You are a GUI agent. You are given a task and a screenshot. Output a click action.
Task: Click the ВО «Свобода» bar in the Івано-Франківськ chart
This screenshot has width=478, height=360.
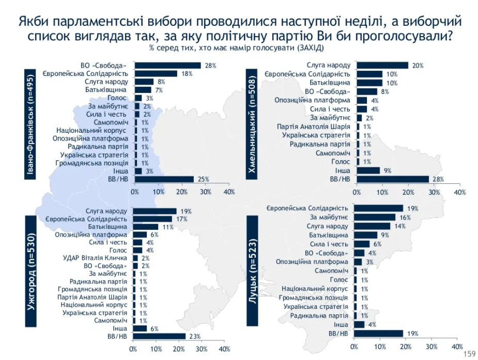167,66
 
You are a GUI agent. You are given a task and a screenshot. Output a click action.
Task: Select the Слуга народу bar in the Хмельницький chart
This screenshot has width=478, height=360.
382,65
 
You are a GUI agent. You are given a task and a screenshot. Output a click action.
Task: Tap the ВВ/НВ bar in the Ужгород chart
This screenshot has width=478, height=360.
159,336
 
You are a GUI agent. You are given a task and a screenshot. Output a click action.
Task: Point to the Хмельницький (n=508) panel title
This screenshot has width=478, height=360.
254,122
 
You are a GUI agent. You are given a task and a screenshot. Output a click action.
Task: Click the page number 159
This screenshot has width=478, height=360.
470,354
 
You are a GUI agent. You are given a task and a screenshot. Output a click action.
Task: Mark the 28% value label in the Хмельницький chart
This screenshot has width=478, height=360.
438,179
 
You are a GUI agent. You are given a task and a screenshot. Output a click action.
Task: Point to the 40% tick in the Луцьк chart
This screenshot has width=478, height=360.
457,346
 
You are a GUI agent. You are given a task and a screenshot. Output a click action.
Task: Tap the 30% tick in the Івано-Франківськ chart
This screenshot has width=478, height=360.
205,192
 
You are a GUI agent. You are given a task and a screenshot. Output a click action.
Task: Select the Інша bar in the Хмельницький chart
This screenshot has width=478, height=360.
368,170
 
